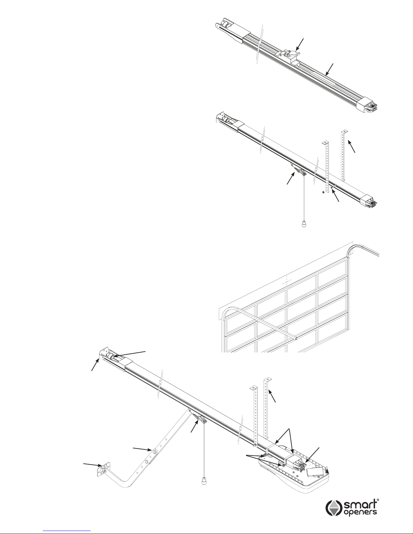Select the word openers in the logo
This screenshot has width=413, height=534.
click(x=360, y=512)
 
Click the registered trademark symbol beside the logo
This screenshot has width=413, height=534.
click(x=378, y=500)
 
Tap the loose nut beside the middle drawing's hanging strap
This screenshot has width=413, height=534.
click(x=323, y=192)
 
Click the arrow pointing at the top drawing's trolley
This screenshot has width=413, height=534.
click(x=300, y=44)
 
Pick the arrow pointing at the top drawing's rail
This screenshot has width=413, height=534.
click(x=329, y=69)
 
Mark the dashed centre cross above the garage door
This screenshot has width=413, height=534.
click(x=287, y=280)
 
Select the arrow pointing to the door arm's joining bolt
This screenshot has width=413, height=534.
click(x=142, y=449)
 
